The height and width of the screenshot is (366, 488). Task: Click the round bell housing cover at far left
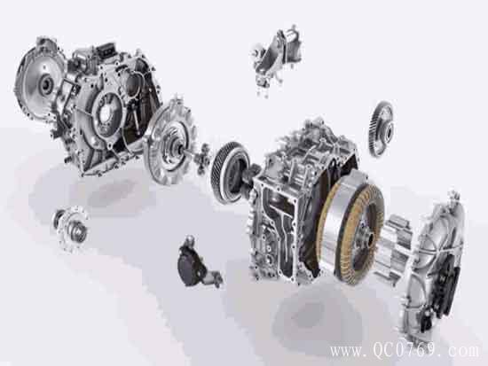tap(39, 79)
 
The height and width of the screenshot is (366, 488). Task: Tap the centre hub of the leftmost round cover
tap(47, 83)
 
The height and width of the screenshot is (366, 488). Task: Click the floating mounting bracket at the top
tap(276, 59)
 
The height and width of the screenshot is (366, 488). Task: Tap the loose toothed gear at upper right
tap(382, 128)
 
